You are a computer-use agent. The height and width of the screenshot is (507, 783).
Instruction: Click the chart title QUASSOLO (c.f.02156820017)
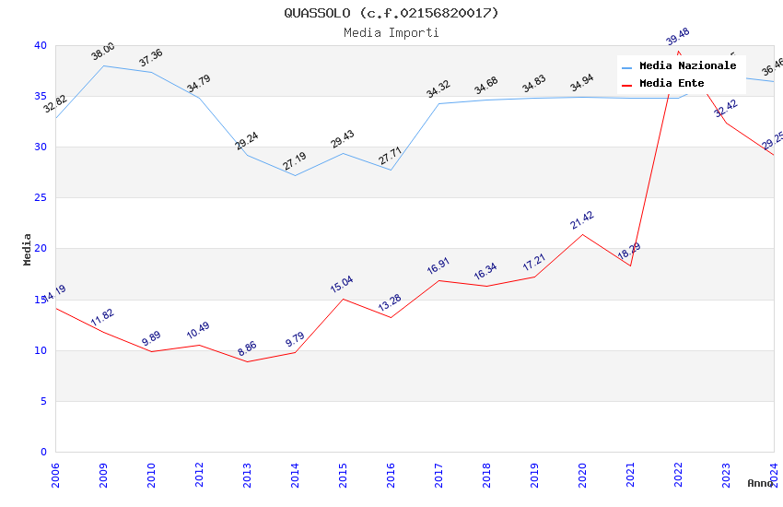[x=391, y=13]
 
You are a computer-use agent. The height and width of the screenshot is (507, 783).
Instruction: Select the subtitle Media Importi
[x=391, y=32]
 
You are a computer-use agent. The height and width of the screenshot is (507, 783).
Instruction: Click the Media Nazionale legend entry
[x=687, y=66]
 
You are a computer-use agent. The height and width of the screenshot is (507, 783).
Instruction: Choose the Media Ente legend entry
[x=672, y=83]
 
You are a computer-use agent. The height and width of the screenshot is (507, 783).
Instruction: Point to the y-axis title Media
[x=28, y=249]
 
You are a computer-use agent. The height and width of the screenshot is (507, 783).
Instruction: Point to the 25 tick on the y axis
[x=40, y=198]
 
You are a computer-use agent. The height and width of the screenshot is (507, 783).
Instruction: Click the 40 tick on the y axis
[x=40, y=45]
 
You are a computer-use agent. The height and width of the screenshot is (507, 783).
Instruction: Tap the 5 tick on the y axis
[x=42, y=401]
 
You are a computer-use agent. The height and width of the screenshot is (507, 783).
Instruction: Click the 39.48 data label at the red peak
[x=677, y=37]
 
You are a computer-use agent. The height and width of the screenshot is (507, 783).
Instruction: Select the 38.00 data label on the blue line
[x=102, y=52]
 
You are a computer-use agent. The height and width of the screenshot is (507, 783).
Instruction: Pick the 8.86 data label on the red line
[x=247, y=348]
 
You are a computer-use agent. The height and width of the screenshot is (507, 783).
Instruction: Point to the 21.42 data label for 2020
[x=581, y=219]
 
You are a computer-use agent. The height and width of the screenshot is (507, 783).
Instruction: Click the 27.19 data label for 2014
[x=295, y=161]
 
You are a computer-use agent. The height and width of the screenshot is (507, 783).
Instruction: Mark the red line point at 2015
[x=343, y=299]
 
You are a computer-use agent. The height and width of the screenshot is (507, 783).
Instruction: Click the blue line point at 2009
[x=103, y=65]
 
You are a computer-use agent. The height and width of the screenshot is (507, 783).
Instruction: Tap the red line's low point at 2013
[x=247, y=361]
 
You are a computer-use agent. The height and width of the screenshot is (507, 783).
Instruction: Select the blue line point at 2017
[x=438, y=103]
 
